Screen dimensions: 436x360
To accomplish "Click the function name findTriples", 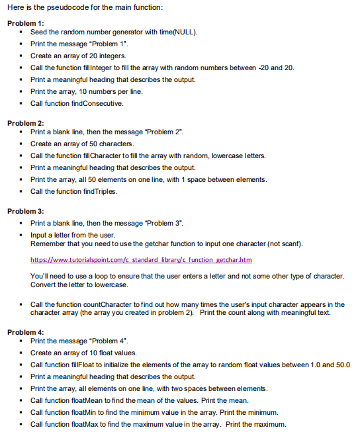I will click(x=99, y=191).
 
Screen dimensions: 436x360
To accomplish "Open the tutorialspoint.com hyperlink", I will click(x=141, y=260).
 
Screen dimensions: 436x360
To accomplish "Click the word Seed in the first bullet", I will click(x=38, y=32).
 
